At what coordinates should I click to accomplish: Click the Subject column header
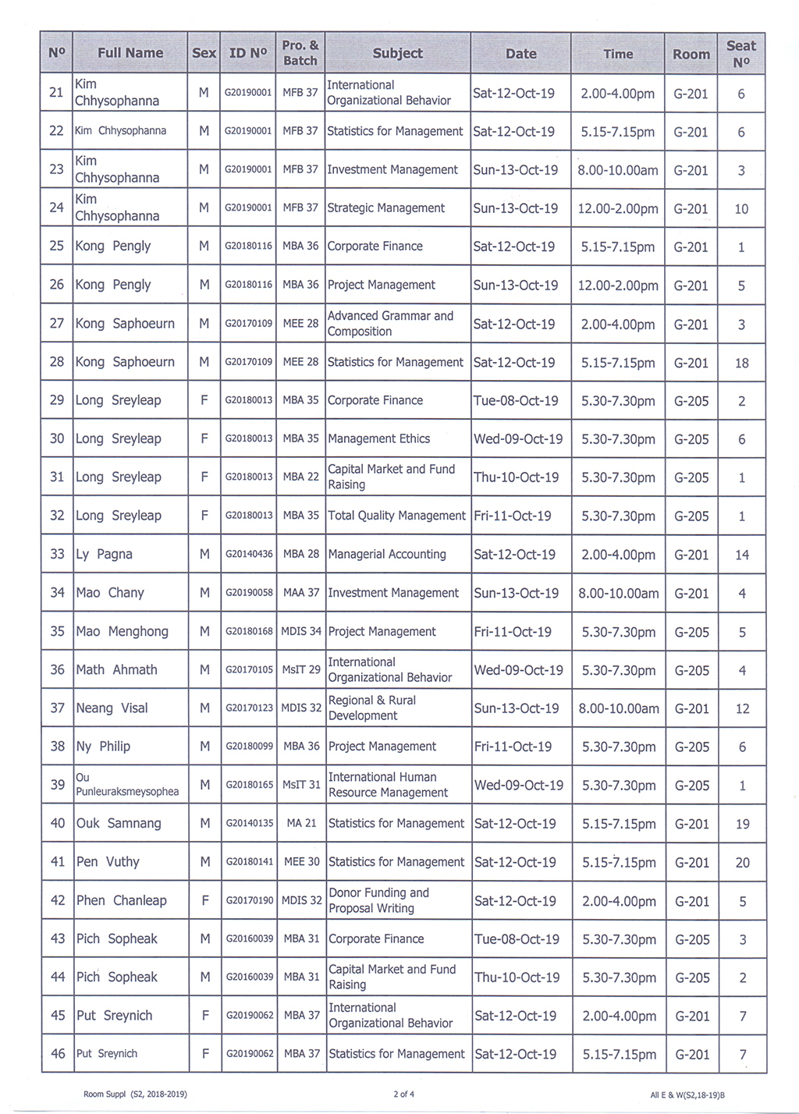click(x=397, y=53)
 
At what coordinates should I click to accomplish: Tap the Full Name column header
click(x=130, y=53)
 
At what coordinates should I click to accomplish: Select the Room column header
click(x=691, y=54)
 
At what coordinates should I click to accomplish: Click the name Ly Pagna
click(x=104, y=554)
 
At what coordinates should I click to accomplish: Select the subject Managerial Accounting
click(x=387, y=554)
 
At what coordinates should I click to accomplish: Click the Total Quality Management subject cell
click(x=396, y=516)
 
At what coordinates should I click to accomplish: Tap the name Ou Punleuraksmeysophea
click(x=127, y=785)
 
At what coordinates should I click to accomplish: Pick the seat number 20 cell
click(x=742, y=862)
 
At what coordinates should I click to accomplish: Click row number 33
click(x=57, y=554)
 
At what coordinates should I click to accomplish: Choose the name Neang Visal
click(x=112, y=708)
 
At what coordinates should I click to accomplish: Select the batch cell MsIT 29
click(x=301, y=669)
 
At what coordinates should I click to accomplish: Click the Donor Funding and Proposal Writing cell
click(x=378, y=900)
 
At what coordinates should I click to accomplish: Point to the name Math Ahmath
click(x=116, y=669)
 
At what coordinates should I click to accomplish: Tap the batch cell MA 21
click(x=301, y=823)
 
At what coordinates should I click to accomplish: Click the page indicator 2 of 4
click(x=403, y=1094)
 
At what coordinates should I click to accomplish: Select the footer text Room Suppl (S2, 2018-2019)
click(x=135, y=1094)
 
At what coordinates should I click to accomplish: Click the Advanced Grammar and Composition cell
click(x=390, y=323)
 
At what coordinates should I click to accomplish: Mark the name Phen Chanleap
click(x=121, y=900)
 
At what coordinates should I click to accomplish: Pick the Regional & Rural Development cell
click(x=371, y=708)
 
